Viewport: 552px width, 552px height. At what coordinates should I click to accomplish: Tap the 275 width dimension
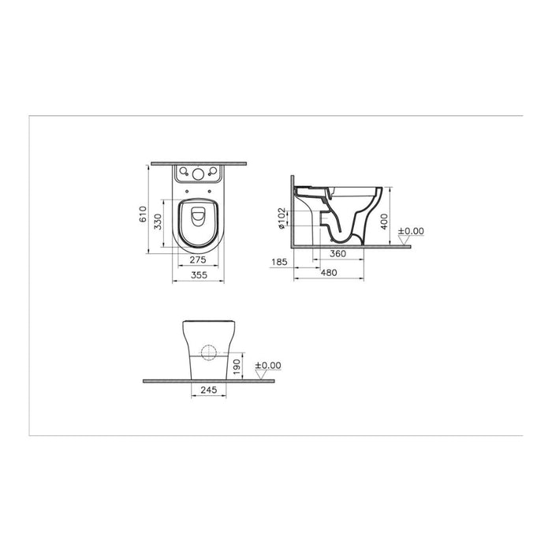point(198,258)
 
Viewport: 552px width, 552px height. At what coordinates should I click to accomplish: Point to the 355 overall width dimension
point(198,275)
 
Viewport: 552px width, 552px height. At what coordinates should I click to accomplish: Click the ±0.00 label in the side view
point(411,231)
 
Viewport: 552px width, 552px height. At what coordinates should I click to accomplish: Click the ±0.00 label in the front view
point(269,365)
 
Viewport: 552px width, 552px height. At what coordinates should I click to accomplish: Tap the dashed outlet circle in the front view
point(210,352)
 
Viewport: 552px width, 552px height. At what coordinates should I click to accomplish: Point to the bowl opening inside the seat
point(198,219)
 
